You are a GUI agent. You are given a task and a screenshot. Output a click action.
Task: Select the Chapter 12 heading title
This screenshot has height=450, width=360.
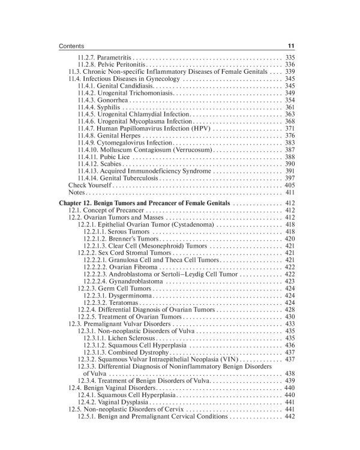click(144, 204)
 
